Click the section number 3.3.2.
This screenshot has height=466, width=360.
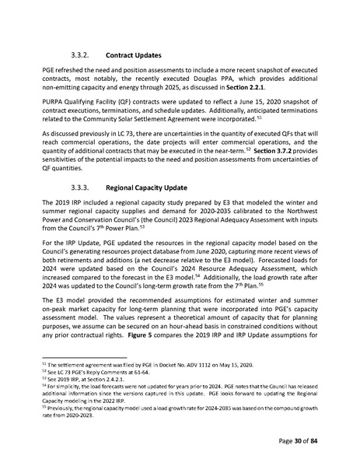coord(82,56)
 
